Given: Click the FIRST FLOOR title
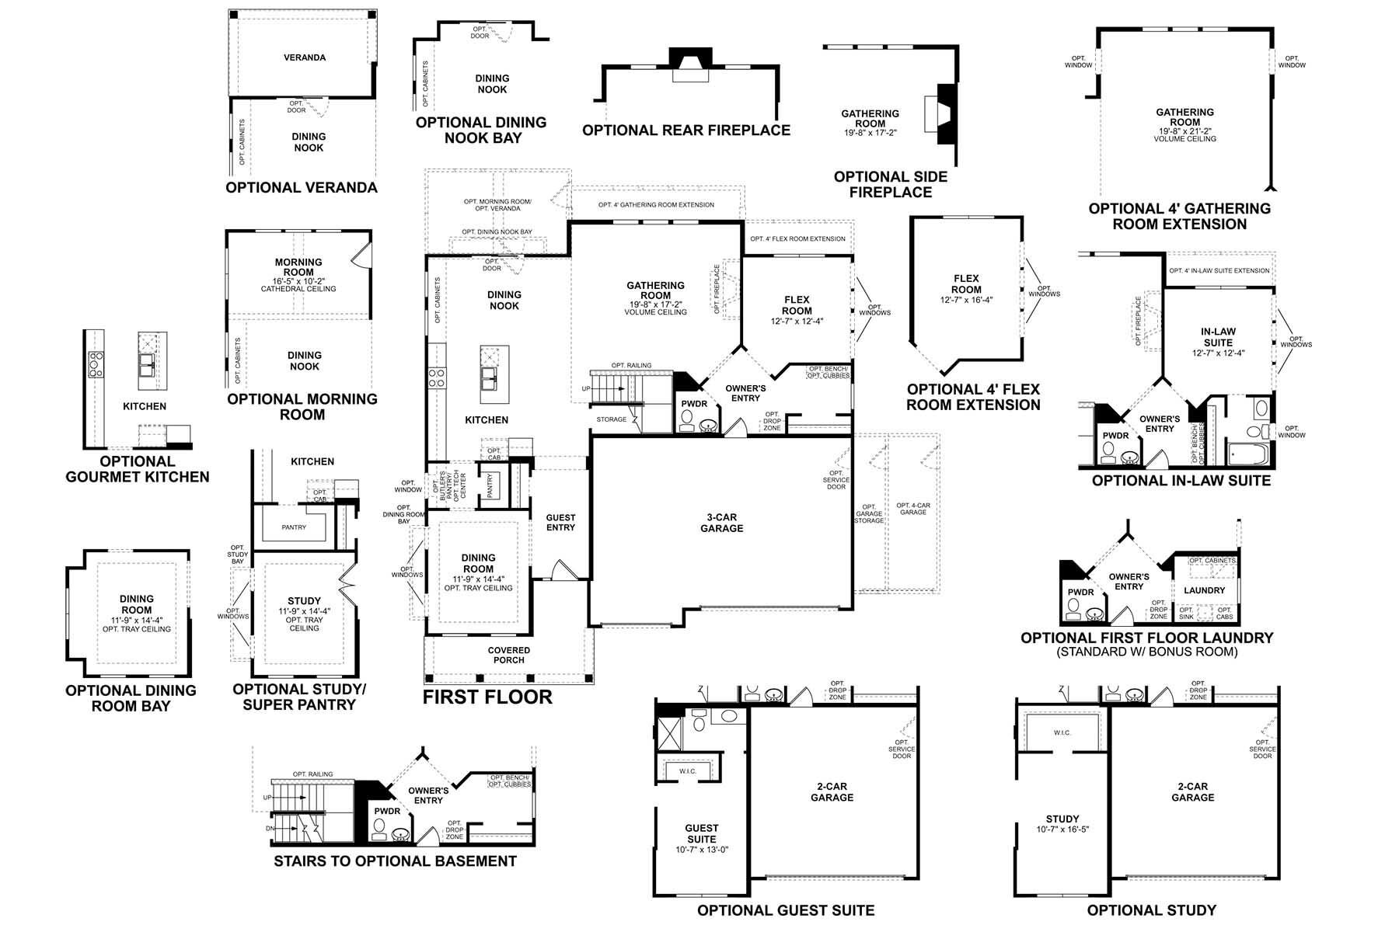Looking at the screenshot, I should pos(487,697).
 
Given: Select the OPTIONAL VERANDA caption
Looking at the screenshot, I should pos(302,187).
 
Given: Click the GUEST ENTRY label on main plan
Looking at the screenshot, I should pos(560,523).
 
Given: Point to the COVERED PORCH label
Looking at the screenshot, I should pos(509,655).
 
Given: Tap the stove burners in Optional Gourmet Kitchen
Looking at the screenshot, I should pos(96,364).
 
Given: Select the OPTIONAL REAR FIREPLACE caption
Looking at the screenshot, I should pos(686,130).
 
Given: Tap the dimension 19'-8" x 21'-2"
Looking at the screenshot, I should pos(1184,131).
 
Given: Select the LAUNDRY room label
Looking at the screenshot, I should pos(1204,590).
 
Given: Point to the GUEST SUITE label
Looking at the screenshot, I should pos(702,833).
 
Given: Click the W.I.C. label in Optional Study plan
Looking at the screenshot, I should pos(1062,732).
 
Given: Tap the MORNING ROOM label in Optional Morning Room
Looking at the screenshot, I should pos(298,267).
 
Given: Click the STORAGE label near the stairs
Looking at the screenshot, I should pos(612,419).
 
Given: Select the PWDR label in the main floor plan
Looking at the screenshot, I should pos(694,404).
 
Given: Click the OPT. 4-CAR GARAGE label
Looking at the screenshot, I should pos(913,509).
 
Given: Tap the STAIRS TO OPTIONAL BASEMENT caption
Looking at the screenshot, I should pos(395,861).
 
